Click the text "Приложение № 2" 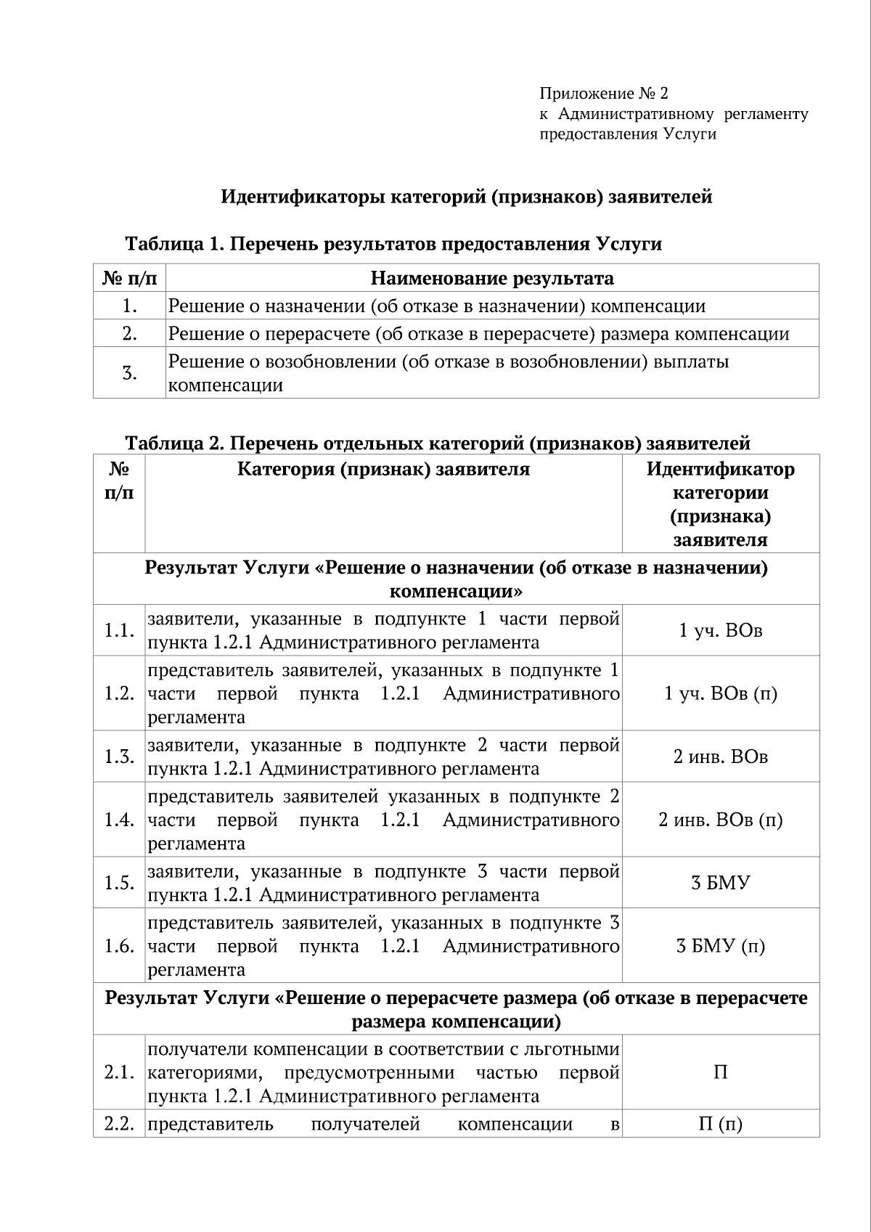pyautogui.click(x=603, y=94)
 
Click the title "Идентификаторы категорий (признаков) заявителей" pyautogui.click(x=466, y=197)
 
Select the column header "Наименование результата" pyautogui.click(x=492, y=279)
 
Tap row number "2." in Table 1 pyautogui.click(x=130, y=334)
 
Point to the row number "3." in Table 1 pyautogui.click(x=130, y=374)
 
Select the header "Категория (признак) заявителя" pyautogui.click(x=383, y=470)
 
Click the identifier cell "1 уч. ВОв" pyautogui.click(x=720, y=631)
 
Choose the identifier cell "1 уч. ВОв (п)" pyautogui.click(x=720, y=694)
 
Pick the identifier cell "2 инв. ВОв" pyautogui.click(x=720, y=757)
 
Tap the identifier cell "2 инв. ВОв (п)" pyautogui.click(x=720, y=820)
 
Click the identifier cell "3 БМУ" pyautogui.click(x=720, y=884)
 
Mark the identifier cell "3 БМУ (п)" pyautogui.click(x=720, y=947)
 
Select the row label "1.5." pyautogui.click(x=119, y=884)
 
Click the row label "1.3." pyautogui.click(x=119, y=757)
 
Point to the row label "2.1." pyautogui.click(x=119, y=1073)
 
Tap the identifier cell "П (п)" pyautogui.click(x=720, y=1125)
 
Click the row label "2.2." pyautogui.click(x=119, y=1125)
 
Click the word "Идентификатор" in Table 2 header pyautogui.click(x=720, y=470)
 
